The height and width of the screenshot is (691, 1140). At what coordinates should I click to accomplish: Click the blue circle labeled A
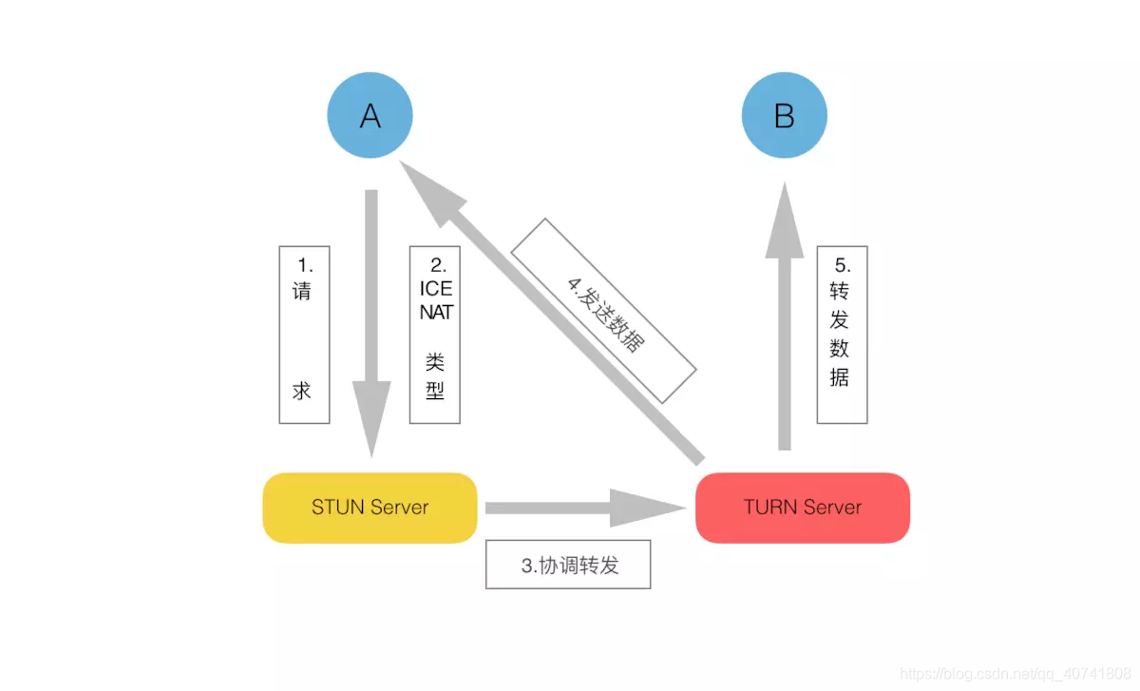point(370,116)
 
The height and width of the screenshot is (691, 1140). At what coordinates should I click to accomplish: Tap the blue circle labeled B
point(784,116)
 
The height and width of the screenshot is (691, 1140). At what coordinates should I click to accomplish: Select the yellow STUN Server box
point(370,508)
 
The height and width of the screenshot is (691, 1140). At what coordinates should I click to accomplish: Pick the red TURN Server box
point(803,508)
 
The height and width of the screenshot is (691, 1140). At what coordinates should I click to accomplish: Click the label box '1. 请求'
point(303,335)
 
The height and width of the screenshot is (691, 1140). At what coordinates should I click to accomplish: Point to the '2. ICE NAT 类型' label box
point(435,335)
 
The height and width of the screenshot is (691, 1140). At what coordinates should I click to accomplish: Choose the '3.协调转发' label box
point(568,565)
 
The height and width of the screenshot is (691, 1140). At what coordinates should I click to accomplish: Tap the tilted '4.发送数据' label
point(604,310)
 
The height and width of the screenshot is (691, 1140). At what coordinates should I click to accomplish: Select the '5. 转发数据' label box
point(842,335)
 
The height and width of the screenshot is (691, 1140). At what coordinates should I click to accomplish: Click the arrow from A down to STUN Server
point(370,314)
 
